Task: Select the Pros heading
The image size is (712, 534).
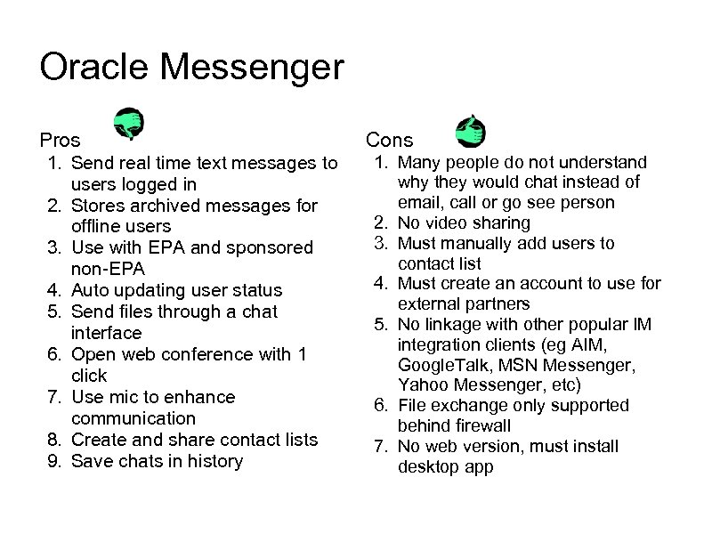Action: [x=60, y=141]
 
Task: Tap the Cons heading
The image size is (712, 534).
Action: [x=390, y=140]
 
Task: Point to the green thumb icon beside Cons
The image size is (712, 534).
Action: [x=468, y=132]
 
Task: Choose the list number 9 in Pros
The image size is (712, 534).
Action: [x=54, y=461]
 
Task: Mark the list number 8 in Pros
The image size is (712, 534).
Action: [x=54, y=440]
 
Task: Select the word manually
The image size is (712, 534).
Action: [x=481, y=243]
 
